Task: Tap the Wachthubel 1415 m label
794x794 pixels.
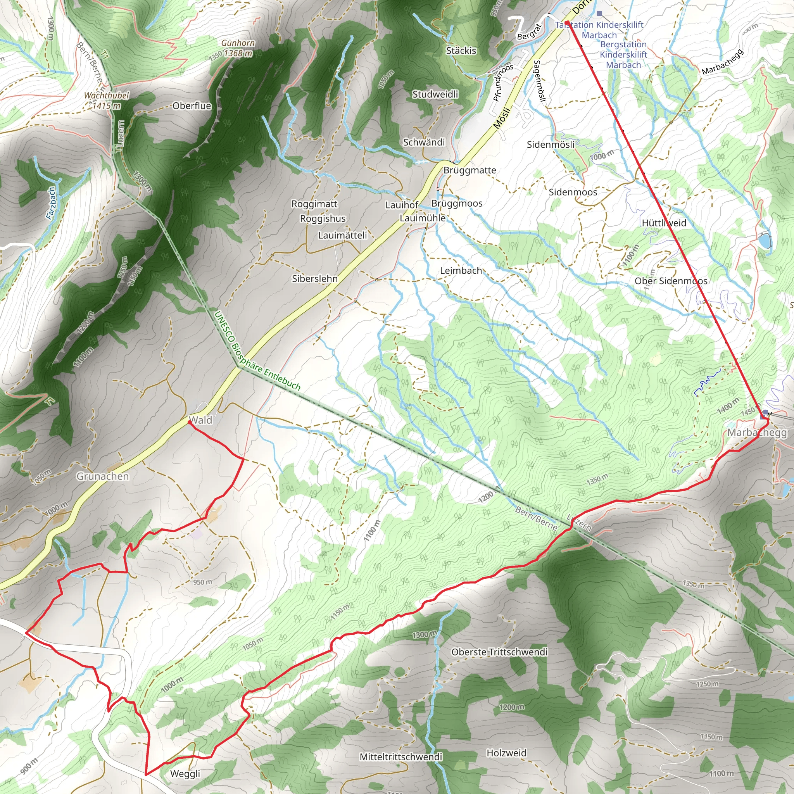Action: coord(107,100)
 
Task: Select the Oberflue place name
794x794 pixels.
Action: coord(192,105)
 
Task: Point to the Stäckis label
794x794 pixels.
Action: coord(461,50)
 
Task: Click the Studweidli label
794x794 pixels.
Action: coord(435,94)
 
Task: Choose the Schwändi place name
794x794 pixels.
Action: coord(424,142)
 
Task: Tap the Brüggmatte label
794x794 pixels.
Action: coord(470,170)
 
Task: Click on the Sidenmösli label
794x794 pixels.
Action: coord(551,144)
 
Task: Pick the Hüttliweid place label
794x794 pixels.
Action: coord(664,223)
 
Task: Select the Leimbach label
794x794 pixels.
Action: coord(461,271)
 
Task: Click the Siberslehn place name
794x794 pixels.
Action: coord(315,279)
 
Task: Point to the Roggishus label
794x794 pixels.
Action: coord(323,219)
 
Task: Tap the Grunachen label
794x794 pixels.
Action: coord(103,476)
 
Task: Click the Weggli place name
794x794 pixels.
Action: coord(185,773)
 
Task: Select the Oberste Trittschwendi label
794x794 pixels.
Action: coord(499,652)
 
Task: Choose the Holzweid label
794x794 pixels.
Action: coord(506,753)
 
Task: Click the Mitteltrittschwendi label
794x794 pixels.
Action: coord(401,757)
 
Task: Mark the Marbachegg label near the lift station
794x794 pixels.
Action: coord(757,432)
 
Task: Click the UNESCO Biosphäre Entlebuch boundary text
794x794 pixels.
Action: coord(257,350)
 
